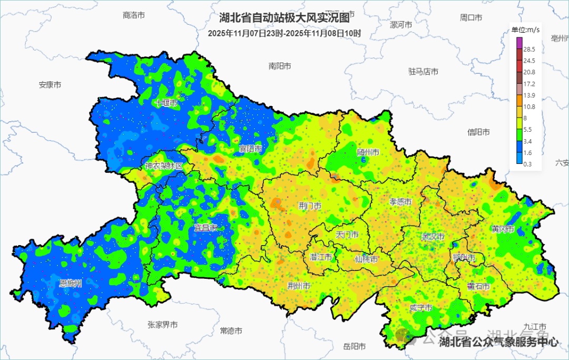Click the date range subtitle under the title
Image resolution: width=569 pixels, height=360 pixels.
[284, 33]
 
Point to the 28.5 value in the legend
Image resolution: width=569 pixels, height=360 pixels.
[529, 49]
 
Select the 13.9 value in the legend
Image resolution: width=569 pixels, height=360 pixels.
[529, 95]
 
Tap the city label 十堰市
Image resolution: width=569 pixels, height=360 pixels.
[166, 103]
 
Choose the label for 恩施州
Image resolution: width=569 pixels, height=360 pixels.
[70, 284]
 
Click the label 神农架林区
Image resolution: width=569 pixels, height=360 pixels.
[164, 166]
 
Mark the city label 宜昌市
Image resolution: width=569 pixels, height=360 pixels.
[205, 228]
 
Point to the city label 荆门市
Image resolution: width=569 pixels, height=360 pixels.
[310, 206]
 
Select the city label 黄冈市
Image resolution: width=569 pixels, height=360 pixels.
[503, 229]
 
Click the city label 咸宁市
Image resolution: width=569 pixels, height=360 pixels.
[420, 308]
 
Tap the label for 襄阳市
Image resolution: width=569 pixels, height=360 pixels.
[250, 149]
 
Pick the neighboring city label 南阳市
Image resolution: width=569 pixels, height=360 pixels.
[280, 66]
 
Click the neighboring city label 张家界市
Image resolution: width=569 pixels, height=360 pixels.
[162, 325]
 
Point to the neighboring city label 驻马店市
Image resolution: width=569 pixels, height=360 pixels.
[423, 71]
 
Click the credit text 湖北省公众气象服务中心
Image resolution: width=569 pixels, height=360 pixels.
[498, 342]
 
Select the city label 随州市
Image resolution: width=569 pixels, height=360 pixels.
[368, 152]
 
